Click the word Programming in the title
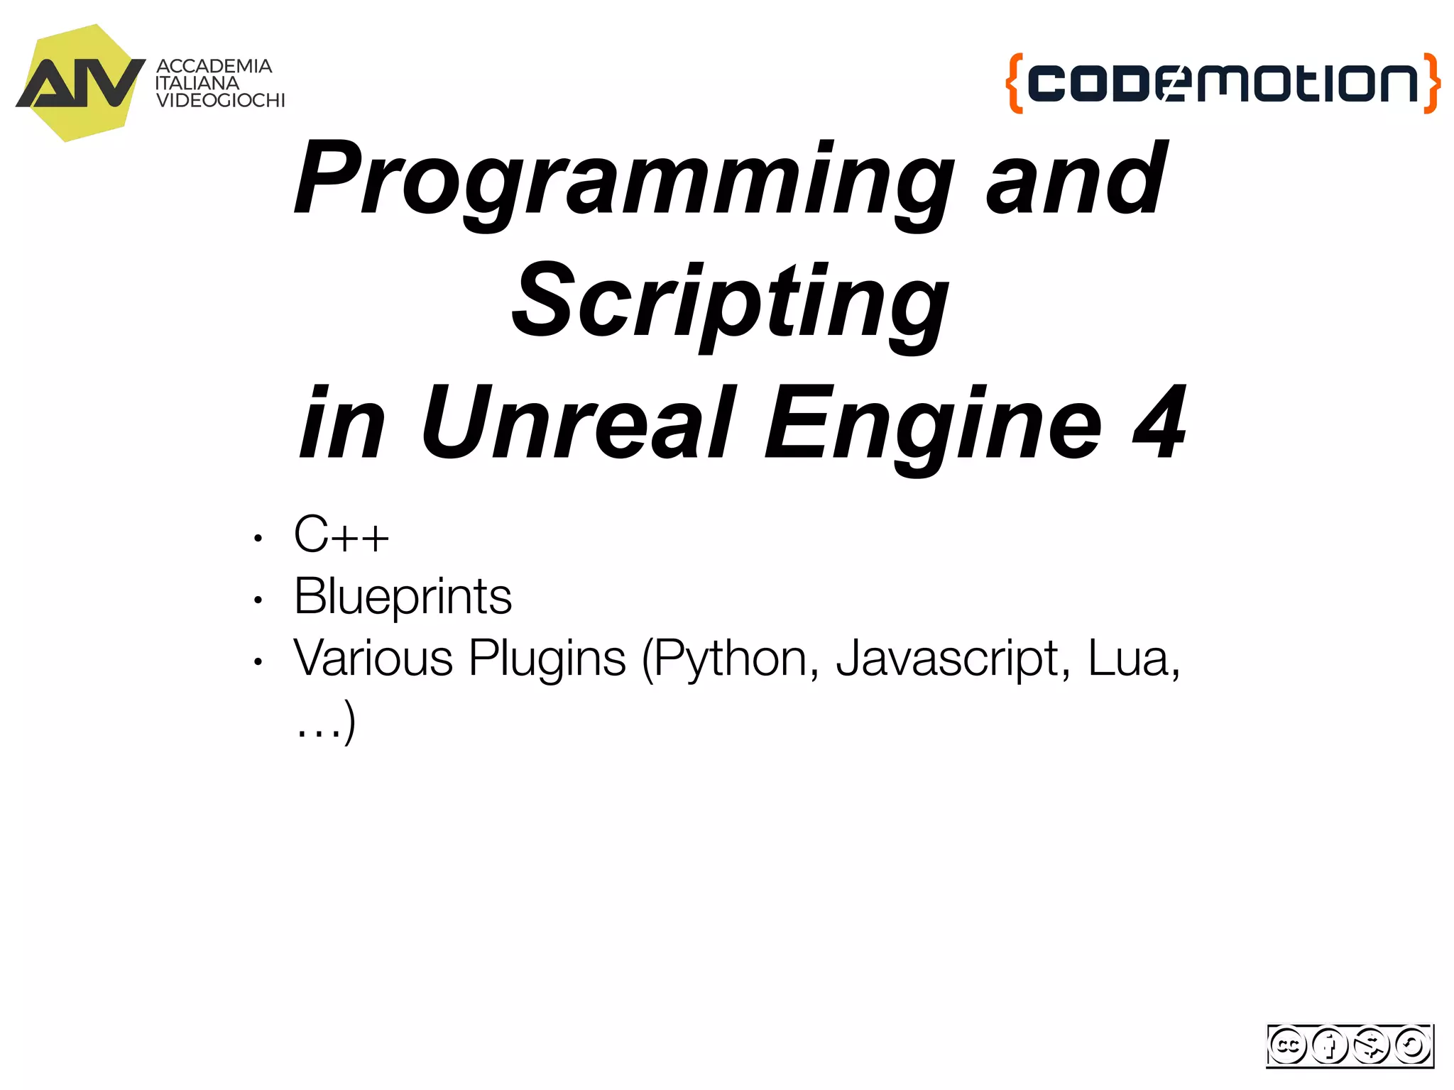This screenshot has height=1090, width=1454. pyautogui.click(x=625, y=181)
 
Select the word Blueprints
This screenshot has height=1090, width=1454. pyautogui.click(x=403, y=596)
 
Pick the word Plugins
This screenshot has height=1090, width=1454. pyautogui.click(x=547, y=659)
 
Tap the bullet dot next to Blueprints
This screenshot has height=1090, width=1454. pyautogui.click(x=258, y=600)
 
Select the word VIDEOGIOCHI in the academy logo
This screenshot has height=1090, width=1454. pyautogui.click(x=220, y=101)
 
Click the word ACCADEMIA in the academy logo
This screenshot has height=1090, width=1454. pyautogui.click(x=214, y=66)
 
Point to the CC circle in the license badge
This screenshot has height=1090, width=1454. pyautogui.click(x=1287, y=1045)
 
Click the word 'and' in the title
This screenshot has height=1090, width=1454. pyautogui.click(x=1076, y=181)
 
